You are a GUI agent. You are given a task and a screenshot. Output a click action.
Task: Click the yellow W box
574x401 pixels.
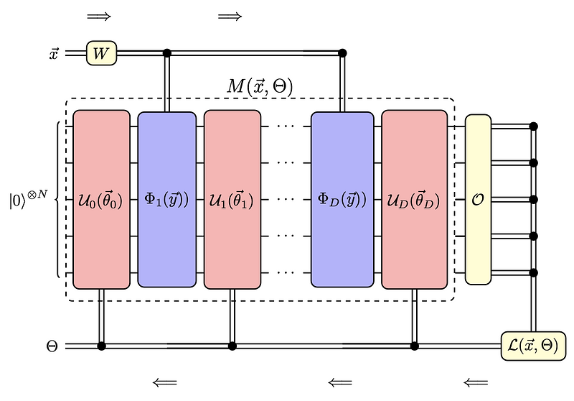click(x=101, y=52)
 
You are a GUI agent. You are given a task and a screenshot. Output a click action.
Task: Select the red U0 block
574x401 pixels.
click(x=101, y=199)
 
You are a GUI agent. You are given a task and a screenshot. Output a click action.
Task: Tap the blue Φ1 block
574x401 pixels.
click(x=166, y=200)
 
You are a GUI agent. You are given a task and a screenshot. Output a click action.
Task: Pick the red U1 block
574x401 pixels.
click(x=232, y=199)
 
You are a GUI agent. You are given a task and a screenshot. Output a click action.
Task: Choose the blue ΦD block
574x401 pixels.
click(x=342, y=200)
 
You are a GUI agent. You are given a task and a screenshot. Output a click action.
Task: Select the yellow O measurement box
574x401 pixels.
click(x=478, y=199)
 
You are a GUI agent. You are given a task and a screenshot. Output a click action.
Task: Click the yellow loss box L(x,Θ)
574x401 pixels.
click(x=532, y=346)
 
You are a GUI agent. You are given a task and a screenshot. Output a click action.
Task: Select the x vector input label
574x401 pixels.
click(x=53, y=53)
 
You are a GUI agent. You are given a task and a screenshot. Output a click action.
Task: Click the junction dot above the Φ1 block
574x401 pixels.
click(x=167, y=52)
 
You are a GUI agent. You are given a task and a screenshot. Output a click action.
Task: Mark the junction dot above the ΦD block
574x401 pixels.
click(x=342, y=52)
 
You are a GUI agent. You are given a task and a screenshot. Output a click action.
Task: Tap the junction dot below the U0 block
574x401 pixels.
click(x=101, y=346)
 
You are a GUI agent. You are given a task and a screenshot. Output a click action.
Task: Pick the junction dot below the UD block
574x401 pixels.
click(x=414, y=346)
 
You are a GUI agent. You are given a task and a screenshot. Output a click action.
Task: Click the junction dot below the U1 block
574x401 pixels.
click(x=232, y=346)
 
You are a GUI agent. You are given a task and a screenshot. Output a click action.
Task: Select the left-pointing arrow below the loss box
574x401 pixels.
click(x=476, y=382)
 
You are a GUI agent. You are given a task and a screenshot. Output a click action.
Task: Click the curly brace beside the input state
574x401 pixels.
click(x=58, y=199)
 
